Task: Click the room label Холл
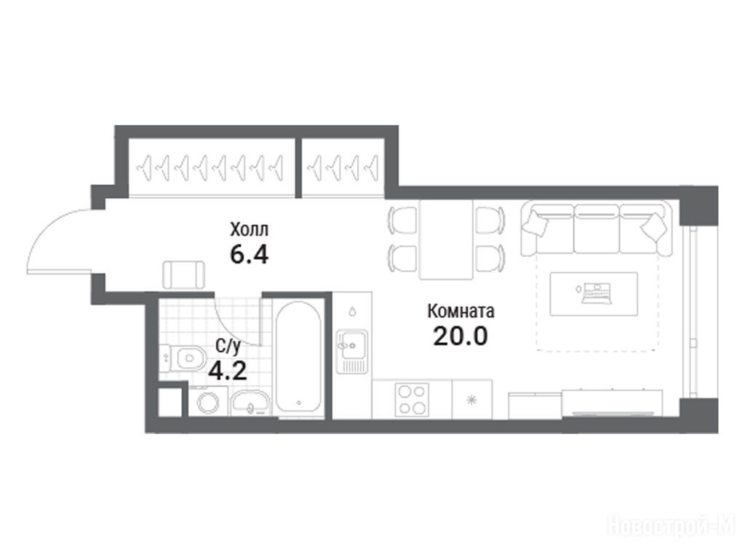click(249, 229)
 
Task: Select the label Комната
click(461, 312)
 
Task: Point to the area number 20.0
click(461, 336)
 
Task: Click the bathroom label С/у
click(228, 346)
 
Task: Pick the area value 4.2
click(228, 370)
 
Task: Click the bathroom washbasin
click(250, 403)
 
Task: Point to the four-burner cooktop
click(412, 400)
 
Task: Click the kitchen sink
click(351, 351)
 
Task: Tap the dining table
click(446, 239)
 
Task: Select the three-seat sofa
click(597, 229)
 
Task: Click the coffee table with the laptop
click(594, 293)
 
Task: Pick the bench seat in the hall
click(184, 274)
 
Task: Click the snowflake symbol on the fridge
click(471, 400)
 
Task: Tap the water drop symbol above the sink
click(352, 312)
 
